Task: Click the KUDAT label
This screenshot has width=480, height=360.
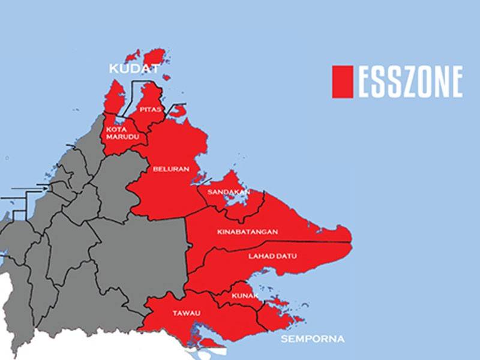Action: (x=130, y=70)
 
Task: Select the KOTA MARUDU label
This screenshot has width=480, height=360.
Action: (x=118, y=133)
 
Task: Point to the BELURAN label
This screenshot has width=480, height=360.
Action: (x=171, y=169)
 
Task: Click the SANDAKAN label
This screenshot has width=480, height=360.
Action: (x=224, y=191)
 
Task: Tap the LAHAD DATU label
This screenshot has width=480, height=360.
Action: (x=272, y=256)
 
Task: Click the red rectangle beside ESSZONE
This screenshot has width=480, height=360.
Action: (x=342, y=82)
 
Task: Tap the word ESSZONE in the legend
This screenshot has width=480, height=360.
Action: (x=411, y=82)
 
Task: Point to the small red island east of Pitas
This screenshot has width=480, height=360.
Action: (x=177, y=111)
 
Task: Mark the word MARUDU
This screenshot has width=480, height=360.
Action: (x=118, y=137)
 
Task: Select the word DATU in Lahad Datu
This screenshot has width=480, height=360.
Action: (x=286, y=256)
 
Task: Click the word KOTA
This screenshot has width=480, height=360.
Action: (x=116, y=128)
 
